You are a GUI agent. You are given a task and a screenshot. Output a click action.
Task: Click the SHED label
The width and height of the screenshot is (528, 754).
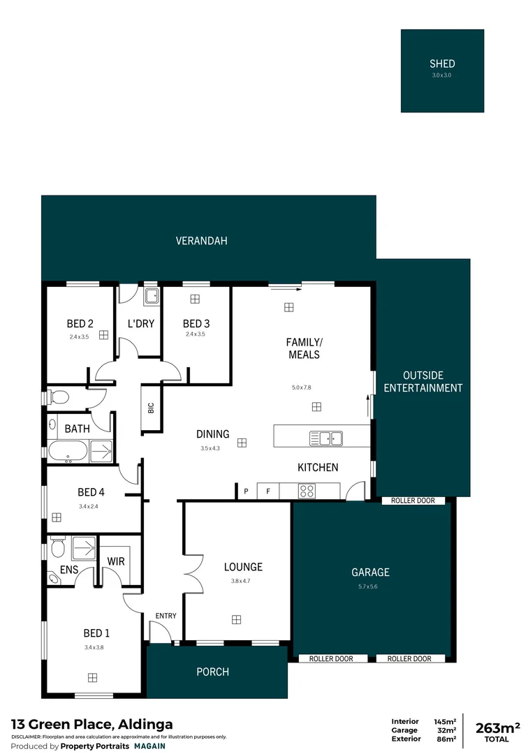(x=442, y=64)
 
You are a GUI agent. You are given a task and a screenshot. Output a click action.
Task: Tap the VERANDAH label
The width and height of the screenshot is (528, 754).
(x=201, y=241)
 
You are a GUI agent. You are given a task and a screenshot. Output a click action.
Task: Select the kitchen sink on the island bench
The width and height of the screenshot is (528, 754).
(x=326, y=438)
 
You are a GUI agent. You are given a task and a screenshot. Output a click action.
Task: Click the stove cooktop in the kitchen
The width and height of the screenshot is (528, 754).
(x=307, y=491)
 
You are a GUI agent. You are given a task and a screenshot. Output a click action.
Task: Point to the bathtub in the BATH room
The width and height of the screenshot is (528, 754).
(x=68, y=451)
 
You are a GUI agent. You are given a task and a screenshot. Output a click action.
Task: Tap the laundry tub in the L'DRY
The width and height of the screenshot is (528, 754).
(x=152, y=296)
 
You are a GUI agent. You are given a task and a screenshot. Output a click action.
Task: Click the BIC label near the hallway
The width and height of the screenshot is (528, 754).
(x=150, y=408)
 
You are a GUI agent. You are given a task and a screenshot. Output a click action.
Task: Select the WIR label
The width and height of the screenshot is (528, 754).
(x=115, y=561)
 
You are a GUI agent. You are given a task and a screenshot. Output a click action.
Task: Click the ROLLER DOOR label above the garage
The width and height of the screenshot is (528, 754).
(x=413, y=501)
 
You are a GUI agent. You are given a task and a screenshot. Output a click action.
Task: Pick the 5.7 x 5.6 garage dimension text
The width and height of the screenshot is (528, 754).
(x=370, y=586)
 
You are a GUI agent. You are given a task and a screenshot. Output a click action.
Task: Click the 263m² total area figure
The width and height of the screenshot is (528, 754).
(x=497, y=729)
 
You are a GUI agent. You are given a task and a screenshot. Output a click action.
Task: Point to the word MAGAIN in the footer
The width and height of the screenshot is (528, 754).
(x=149, y=746)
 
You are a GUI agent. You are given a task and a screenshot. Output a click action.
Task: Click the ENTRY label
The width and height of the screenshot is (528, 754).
(x=166, y=616)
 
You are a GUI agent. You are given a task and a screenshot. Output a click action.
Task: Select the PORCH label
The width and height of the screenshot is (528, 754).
(x=212, y=672)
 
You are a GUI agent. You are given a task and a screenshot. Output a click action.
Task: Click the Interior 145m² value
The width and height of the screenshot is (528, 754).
(x=445, y=721)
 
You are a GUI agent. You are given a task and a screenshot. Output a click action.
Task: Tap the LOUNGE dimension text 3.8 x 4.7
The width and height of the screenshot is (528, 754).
(x=240, y=581)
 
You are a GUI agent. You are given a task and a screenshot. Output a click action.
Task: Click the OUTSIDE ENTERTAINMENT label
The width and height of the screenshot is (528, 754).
(x=423, y=381)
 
